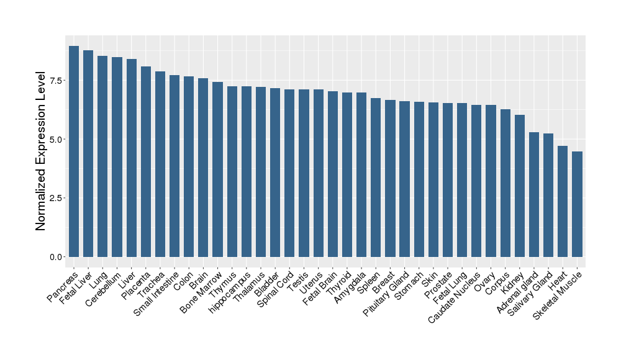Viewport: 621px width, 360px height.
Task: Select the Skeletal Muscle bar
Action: pos(577,204)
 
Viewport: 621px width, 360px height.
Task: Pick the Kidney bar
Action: pos(520,186)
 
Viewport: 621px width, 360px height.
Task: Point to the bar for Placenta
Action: pos(146,161)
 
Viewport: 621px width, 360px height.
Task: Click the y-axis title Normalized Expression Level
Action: pos(41,151)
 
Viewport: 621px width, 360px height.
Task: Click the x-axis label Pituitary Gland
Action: pos(388,294)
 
